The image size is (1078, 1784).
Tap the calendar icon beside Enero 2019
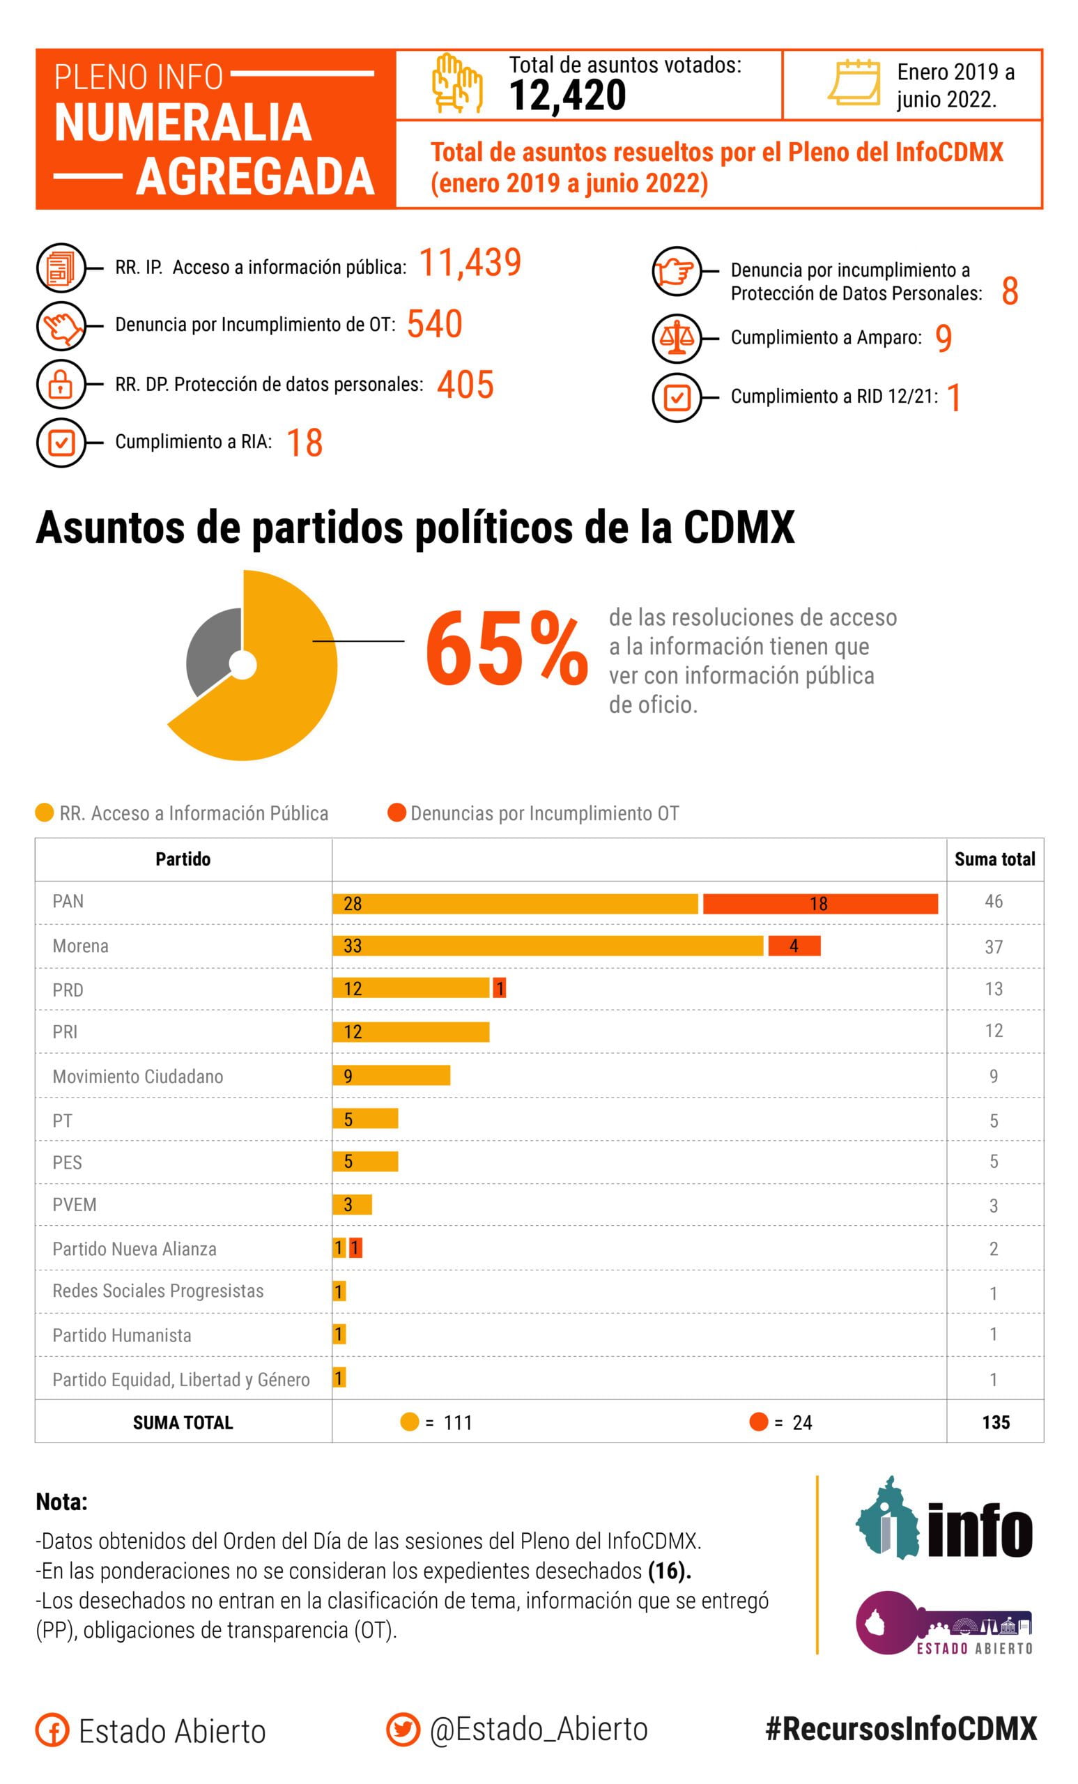[854, 82]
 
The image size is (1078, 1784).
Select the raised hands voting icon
[456, 83]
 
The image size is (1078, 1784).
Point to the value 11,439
[470, 262]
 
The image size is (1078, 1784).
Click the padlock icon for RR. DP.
[61, 384]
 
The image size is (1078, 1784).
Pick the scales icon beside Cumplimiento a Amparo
[676, 337]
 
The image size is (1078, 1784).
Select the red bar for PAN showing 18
[819, 904]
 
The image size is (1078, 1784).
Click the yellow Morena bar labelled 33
[547, 946]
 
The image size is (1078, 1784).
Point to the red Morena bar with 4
[794, 946]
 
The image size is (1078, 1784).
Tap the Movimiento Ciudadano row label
[137, 1076]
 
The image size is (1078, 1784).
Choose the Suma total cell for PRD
[993, 989]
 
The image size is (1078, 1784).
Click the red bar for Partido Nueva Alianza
[355, 1247]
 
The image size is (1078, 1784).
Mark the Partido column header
[183, 859]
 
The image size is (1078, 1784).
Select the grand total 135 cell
[996, 1422]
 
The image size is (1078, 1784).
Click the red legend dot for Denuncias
[396, 813]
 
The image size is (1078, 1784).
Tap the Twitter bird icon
[403, 1730]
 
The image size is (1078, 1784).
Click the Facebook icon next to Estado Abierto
[52, 1730]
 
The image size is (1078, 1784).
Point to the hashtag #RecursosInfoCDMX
[901, 1729]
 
